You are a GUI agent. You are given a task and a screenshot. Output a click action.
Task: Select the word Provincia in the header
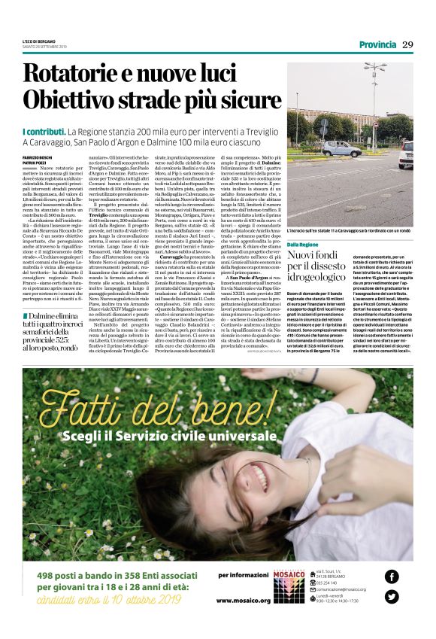[x=377, y=44]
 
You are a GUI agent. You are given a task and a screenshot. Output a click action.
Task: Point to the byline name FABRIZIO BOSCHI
[x=35, y=156]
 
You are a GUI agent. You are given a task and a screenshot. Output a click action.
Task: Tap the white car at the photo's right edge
[x=407, y=154]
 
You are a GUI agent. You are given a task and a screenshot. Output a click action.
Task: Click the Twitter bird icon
[x=391, y=597]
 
